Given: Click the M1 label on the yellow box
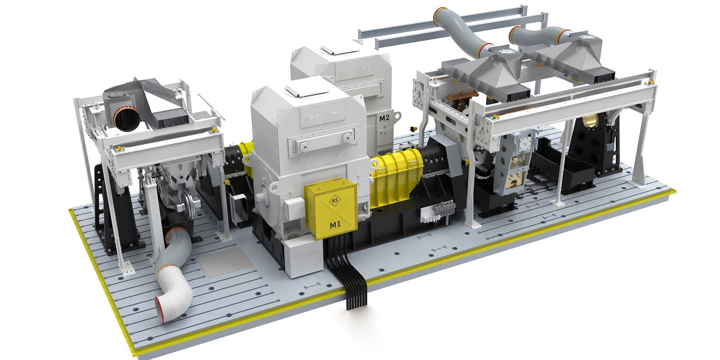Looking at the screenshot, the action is click(x=335, y=225).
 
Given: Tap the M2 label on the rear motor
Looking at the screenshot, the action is click(x=384, y=118).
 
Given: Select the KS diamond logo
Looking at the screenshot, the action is click(x=335, y=201).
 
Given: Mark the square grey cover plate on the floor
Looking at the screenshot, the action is click(x=225, y=262).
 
